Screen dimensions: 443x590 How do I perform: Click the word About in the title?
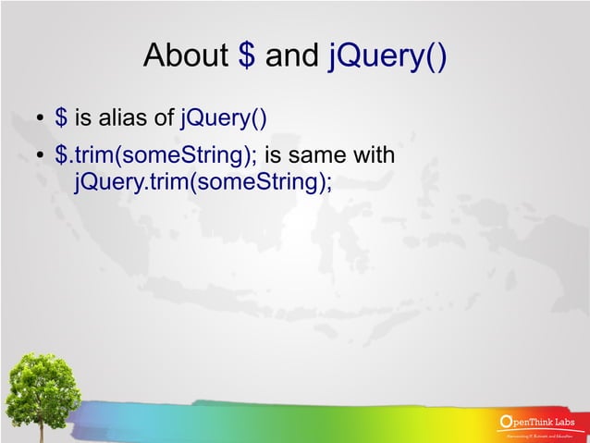186,57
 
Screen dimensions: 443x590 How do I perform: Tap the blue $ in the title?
247,57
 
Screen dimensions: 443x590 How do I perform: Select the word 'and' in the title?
292,57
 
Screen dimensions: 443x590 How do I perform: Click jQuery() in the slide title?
388,57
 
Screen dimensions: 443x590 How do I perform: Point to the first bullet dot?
41,119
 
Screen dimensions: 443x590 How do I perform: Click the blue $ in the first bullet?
61,117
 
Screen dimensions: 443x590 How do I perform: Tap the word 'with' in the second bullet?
376,155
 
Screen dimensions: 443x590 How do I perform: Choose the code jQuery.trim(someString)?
203,181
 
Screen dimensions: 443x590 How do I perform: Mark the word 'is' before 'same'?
275,155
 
